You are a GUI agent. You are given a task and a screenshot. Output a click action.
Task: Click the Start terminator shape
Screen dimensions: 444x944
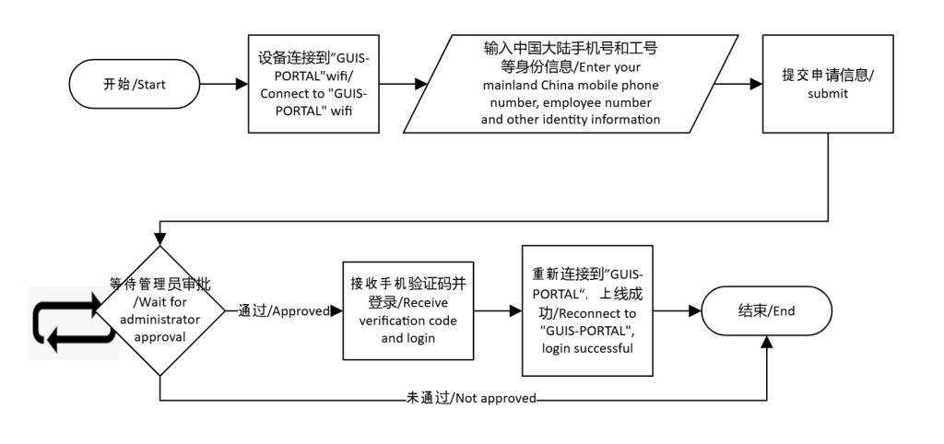coord(135,85)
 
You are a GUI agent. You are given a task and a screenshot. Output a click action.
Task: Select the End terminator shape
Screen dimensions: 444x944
coord(766,310)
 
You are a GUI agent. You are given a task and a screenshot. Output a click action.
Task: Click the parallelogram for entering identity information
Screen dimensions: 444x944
coord(571,84)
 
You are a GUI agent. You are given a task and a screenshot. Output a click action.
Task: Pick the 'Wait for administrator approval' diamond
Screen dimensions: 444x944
coord(160,310)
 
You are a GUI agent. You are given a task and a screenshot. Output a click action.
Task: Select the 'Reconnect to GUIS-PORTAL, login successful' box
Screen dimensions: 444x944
coord(587,310)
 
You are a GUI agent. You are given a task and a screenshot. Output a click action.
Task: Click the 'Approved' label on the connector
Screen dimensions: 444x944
coord(283,311)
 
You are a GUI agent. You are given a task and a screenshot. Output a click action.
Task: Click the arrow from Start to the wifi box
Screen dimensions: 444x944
coord(225,85)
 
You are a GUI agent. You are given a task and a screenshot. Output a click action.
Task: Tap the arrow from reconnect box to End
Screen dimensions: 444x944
coord(678,311)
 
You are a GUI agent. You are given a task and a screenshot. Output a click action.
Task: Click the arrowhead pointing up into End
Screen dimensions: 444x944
coord(766,344)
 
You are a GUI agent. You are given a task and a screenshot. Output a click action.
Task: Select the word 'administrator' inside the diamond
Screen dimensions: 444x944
coord(160,320)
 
